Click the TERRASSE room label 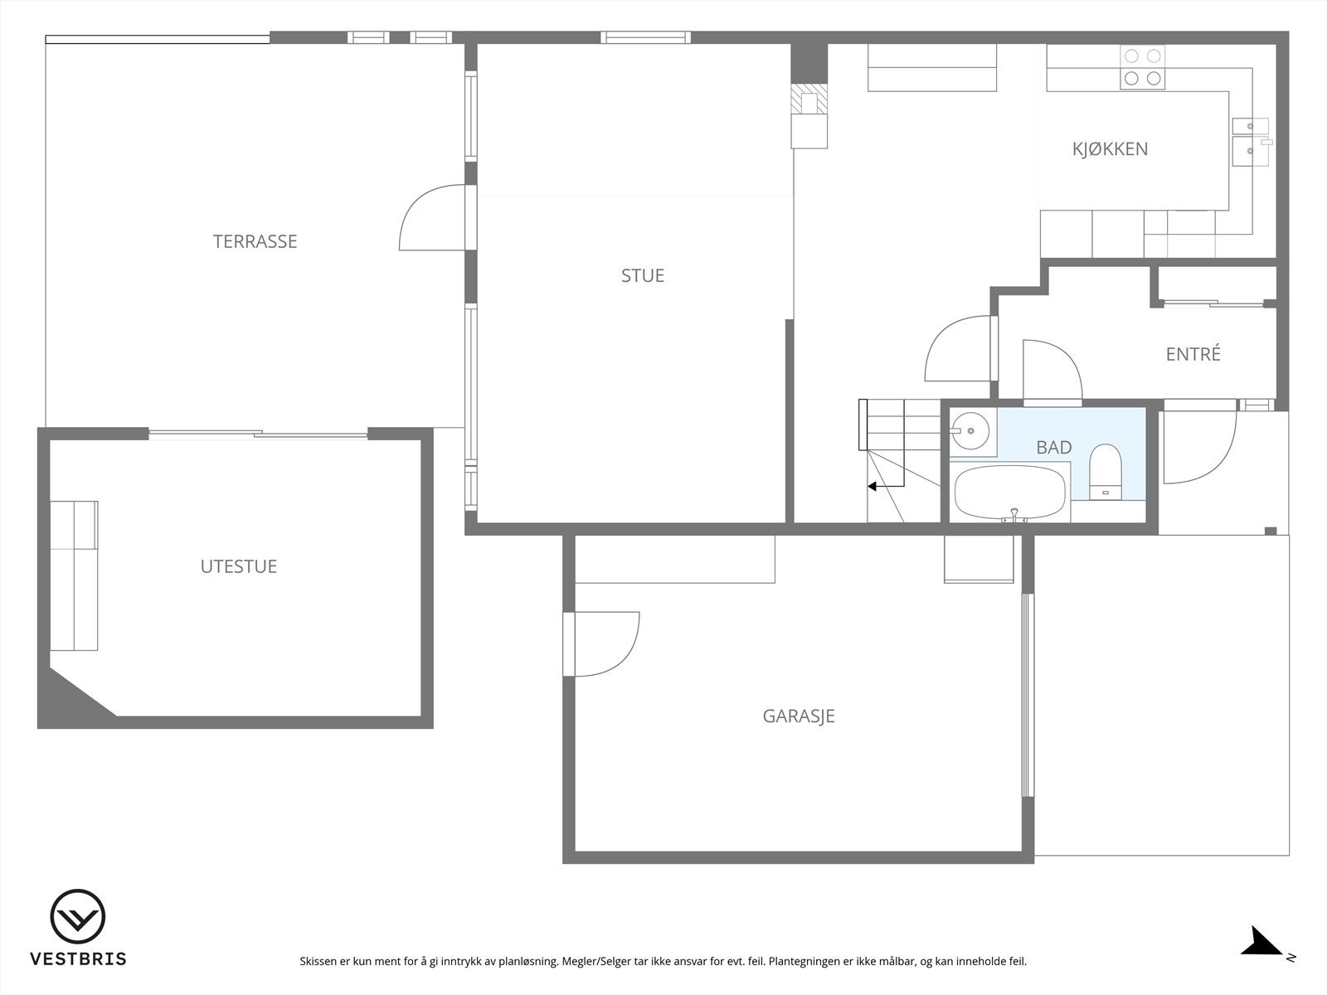[x=255, y=241]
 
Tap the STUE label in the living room [x=643, y=275]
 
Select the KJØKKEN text [x=1110, y=149]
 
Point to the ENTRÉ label [x=1193, y=354]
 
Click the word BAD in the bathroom [x=1053, y=448]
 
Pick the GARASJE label [x=798, y=716]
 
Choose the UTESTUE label [x=238, y=566]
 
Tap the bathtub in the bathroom [x=1009, y=492]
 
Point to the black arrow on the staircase [x=873, y=487]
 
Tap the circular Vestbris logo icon [x=78, y=916]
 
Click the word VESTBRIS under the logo [x=78, y=959]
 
